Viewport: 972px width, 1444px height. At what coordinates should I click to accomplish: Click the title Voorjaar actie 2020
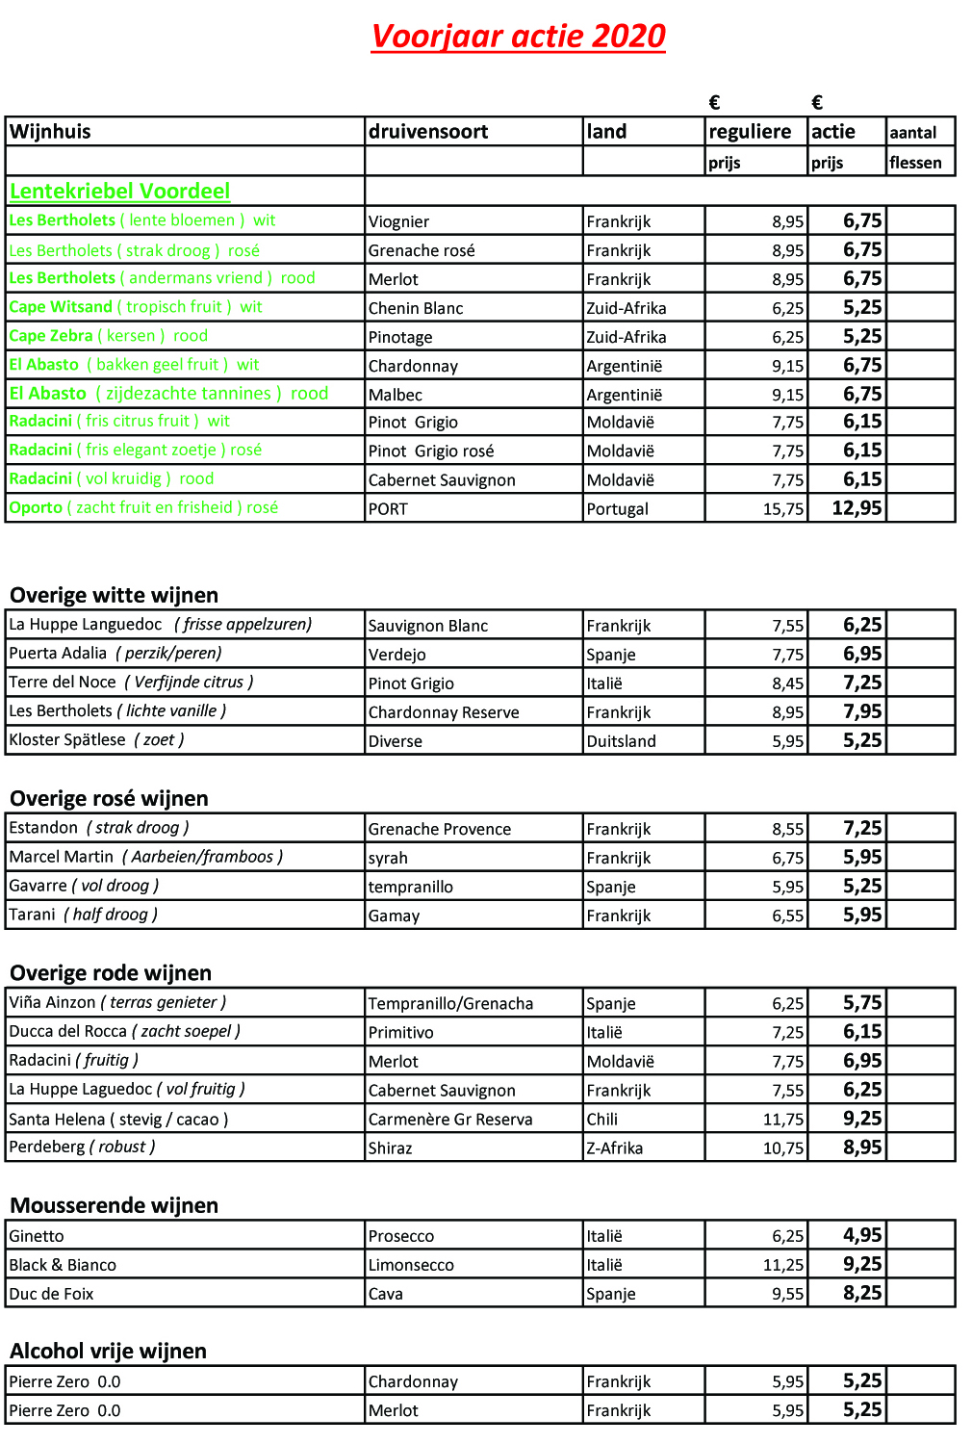point(518,37)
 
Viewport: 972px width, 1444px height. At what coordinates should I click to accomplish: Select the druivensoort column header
point(428,132)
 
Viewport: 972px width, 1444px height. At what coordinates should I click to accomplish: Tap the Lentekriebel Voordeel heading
point(120,191)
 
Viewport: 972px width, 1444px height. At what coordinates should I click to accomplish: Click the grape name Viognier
point(398,221)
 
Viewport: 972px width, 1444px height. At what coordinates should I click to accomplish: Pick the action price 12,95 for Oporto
point(857,507)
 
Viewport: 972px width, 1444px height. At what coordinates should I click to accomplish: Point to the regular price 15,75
point(782,509)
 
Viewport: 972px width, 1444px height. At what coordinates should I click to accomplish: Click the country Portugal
point(617,509)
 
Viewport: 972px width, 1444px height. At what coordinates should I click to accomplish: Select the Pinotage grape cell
point(400,337)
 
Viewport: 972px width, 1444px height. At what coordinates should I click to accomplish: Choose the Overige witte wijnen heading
point(114,595)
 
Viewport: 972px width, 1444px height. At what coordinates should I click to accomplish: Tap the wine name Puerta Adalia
point(58,653)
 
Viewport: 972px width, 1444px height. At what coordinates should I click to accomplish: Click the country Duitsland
point(621,741)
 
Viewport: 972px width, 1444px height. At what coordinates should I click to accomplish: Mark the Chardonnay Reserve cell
point(444,712)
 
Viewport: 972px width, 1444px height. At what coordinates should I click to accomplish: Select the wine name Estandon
point(43,827)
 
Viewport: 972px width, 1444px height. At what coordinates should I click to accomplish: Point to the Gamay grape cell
point(394,915)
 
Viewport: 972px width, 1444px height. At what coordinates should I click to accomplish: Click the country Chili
point(602,1120)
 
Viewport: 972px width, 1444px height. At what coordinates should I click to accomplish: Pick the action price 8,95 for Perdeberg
point(862,1147)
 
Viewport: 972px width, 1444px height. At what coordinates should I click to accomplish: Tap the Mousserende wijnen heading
point(114,1205)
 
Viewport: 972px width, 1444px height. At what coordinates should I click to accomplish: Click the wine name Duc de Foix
point(51,1294)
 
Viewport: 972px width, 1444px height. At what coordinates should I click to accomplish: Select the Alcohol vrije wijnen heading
point(108,1351)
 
